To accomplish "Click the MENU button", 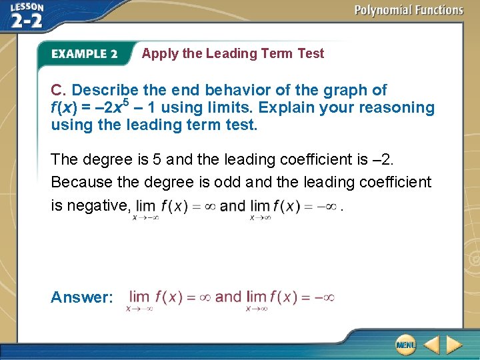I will tap(405, 344).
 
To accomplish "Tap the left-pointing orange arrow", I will tap(432, 344).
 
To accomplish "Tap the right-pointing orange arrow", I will tap(454, 344).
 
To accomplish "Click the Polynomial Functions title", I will tap(409, 10).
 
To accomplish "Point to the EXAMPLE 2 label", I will tap(84, 54).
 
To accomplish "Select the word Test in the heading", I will tap(310, 53).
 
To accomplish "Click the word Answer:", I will tap(82, 297).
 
